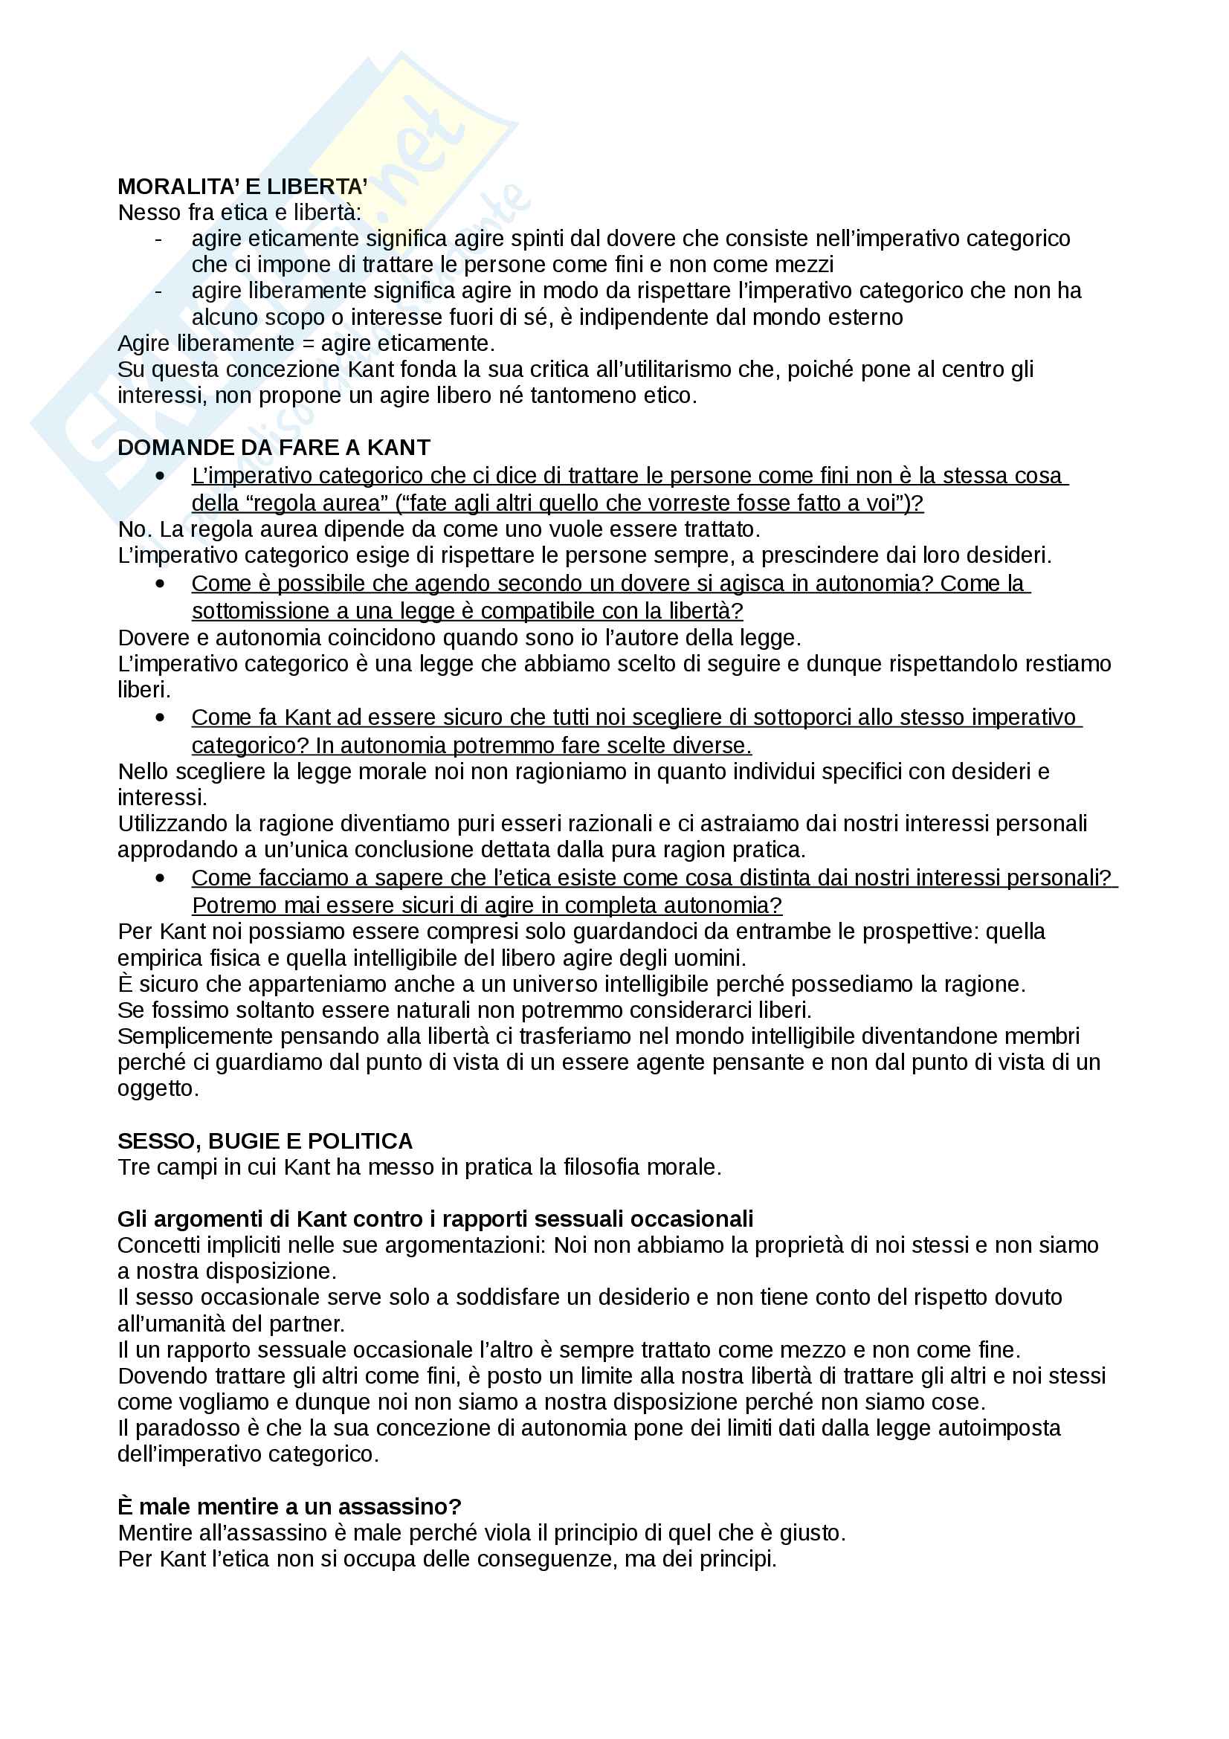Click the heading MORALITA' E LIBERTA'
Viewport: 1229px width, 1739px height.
pos(242,187)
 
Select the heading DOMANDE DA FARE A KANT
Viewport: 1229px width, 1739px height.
pos(274,448)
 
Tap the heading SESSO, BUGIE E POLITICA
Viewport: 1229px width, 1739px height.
pos(265,1140)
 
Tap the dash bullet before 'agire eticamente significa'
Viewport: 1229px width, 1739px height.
pos(158,239)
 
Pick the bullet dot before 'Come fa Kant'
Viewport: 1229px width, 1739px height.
pos(160,717)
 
